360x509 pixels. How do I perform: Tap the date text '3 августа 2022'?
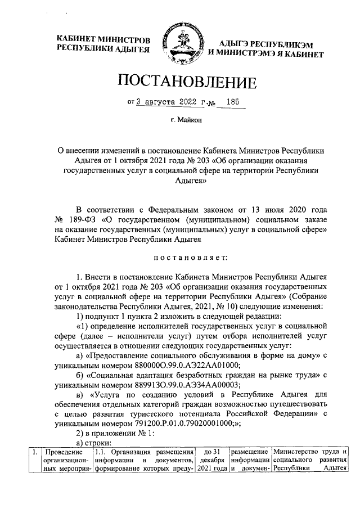165,103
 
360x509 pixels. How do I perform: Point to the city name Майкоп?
190,120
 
